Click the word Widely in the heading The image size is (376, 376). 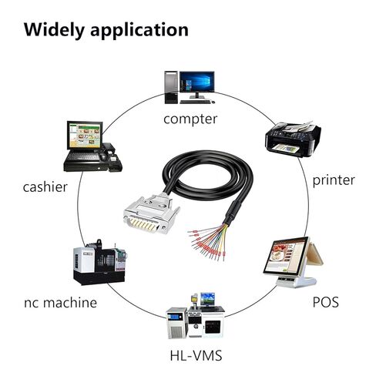tap(54, 30)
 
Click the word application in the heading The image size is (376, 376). tap(139, 31)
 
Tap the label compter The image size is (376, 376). tap(190, 119)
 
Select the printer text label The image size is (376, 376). tap(334, 180)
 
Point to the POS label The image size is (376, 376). tap(325, 302)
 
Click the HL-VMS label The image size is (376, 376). tap(196, 356)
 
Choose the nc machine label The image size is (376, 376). tap(60, 303)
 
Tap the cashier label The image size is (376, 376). tap(45, 187)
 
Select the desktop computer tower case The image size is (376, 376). tap(171, 87)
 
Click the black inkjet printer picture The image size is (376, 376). tap(293, 139)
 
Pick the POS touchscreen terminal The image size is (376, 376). tap(293, 261)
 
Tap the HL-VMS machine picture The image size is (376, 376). tap(195, 315)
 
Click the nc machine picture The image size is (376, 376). tap(99, 262)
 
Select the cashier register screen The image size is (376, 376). tap(85, 136)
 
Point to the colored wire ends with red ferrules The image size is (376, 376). tap(207, 243)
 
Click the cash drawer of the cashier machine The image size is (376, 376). tap(86, 166)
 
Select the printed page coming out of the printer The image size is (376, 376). tap(286, 149)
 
